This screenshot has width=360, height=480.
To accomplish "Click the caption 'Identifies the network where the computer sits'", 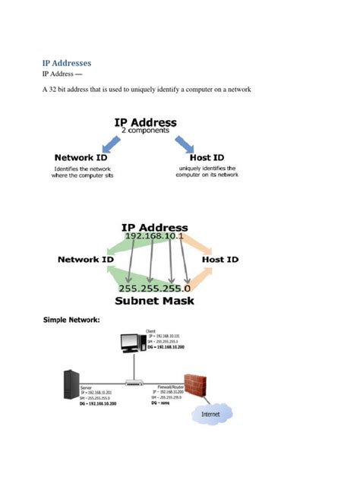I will point(84,172).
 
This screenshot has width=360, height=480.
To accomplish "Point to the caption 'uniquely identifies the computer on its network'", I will point(207,172).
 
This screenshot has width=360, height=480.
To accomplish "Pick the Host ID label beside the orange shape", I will point(220,260).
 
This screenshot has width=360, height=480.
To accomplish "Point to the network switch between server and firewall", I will point(134,382).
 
